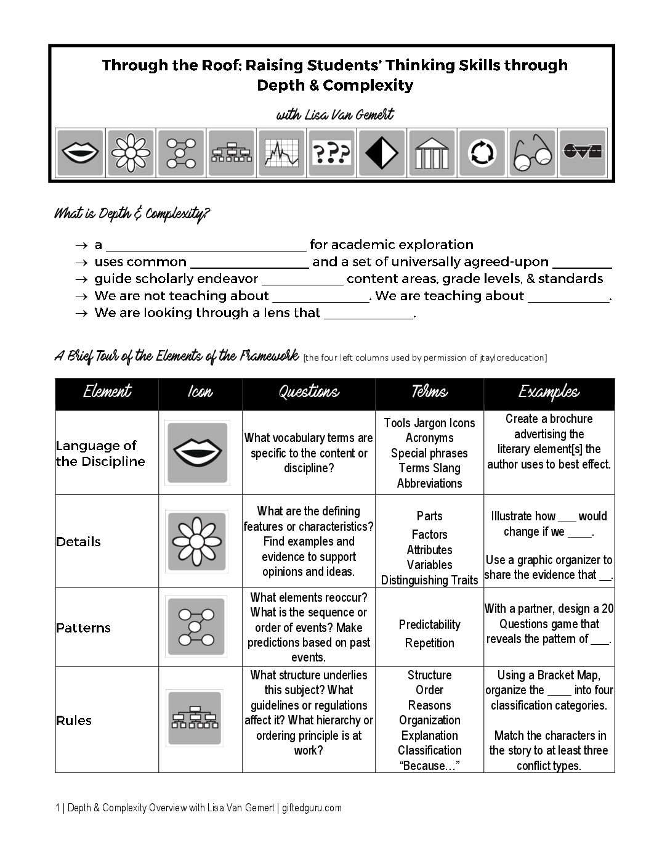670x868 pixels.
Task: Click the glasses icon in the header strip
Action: pos(533,153)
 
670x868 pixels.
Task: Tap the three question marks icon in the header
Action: pos(331,153)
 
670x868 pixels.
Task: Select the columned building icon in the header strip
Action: pos(432,153)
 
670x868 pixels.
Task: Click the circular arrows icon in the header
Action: pos(482,153)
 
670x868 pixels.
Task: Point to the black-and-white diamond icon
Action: pos(382,153)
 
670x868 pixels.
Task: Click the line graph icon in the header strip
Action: pos(281,153)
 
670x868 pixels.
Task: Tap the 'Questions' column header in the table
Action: pos(309,393)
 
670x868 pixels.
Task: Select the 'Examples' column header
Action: pos(549,393)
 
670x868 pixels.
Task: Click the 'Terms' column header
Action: pos(429,393)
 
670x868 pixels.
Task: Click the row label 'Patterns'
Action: pos(83,628)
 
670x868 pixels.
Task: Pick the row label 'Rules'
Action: pos(74,720)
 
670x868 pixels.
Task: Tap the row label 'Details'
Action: pos(78,541)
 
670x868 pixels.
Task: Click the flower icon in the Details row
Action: pos(196,541)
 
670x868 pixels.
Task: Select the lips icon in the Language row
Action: pos(196,453)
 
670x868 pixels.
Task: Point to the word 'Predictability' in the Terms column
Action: pos(429,624)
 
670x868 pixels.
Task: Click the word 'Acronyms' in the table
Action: pos(429,438)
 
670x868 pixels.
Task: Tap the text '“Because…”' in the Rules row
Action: pos(429,766)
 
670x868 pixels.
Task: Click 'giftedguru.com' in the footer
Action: pos(312,808)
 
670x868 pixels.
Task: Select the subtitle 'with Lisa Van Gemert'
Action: pos(334,115)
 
